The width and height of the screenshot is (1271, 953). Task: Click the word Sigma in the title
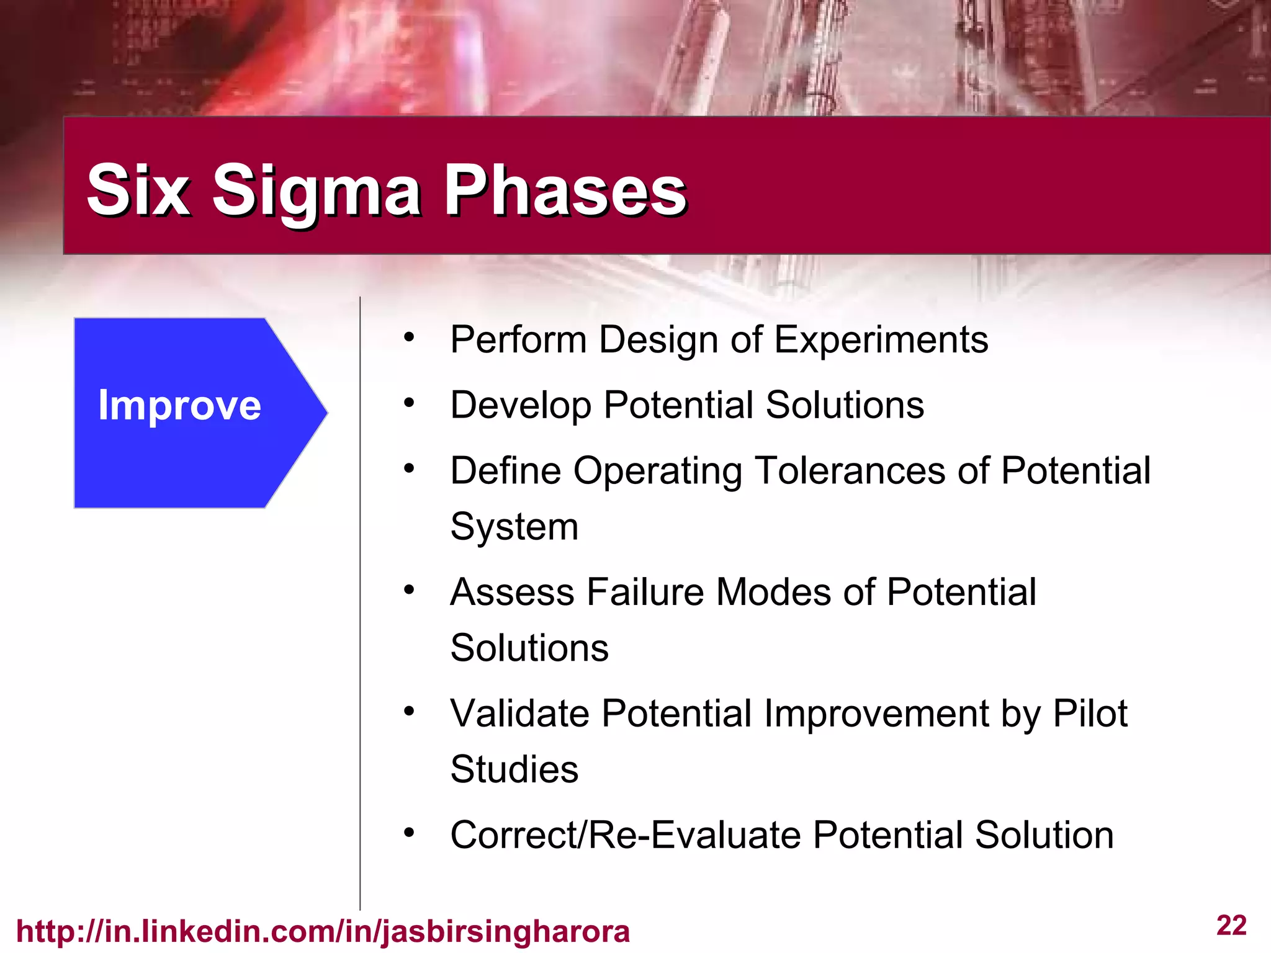pos(317,191)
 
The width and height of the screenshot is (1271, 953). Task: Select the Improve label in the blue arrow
pos(179,406)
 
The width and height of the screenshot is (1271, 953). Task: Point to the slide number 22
pos(1231,926)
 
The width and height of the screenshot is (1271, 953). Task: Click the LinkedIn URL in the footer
pos(323,931)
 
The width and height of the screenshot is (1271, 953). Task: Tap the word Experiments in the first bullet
pos(881,340)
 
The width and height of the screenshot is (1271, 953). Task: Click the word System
pos(514,527)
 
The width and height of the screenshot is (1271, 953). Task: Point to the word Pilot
pos(1090,714)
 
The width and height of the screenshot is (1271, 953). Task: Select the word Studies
pos(514,770)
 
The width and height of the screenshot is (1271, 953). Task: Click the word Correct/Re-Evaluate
pos(624,835)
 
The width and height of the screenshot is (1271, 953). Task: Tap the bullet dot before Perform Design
pos(408,338)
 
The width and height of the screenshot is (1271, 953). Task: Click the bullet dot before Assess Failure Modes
pos(408,589)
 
